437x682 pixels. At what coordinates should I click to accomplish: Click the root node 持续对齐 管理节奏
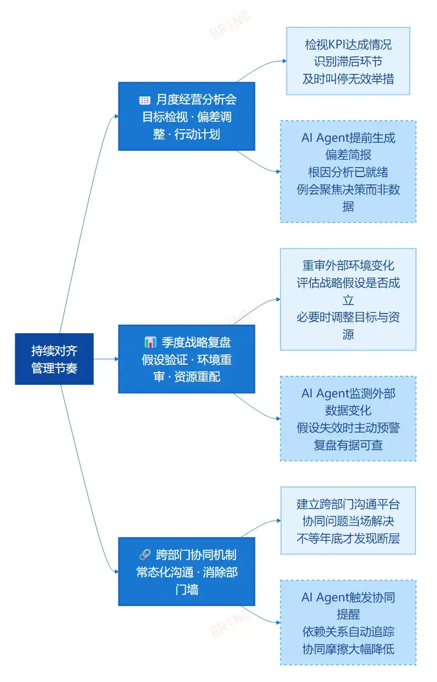(54, 359)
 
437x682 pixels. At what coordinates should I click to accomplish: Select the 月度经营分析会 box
(186, 116)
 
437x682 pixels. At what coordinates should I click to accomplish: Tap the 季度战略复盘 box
(186, 359)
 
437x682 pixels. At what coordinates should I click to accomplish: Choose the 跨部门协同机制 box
(186, 572)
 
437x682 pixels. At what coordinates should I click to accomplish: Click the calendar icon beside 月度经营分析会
(145, 100)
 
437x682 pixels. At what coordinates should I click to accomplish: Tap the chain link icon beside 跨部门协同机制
(145, 554)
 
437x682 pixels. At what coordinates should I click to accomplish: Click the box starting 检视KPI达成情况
(348, 61)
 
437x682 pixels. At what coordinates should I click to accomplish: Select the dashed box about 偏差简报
(348, 171)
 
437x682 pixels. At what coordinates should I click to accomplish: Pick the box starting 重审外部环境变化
(348, 299)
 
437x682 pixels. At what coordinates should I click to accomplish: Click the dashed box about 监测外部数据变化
(348, 418)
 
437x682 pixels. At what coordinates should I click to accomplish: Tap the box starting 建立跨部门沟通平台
(348, 521)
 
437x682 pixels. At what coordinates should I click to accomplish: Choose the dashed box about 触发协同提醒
(348, 622)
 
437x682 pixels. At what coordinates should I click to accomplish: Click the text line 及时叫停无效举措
(348, 79)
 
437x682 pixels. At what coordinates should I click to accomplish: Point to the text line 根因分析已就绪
(348, 172)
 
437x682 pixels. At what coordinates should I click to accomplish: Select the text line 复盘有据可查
(348, 445)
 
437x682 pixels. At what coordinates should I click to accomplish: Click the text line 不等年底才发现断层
(348, 539)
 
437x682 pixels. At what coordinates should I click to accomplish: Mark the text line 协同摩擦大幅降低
(348, 649)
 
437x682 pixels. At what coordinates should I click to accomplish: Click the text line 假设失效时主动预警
(348, 427)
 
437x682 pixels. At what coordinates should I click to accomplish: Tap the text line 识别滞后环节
(348, 62)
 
